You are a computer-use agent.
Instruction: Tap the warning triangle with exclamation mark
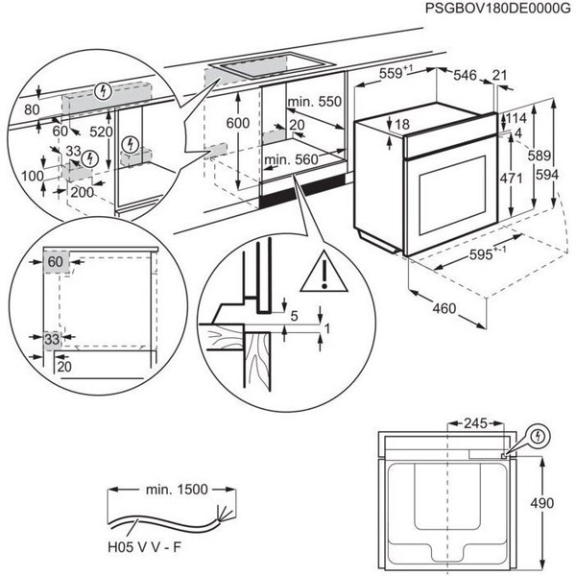(324, 275)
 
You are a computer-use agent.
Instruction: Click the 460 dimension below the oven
(442, 309)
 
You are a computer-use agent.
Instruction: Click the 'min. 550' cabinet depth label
(315, 102)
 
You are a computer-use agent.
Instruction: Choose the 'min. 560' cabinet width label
(291, 160)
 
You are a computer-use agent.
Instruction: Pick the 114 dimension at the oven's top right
(517, 118)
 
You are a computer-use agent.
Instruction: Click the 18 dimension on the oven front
(400, 125)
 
